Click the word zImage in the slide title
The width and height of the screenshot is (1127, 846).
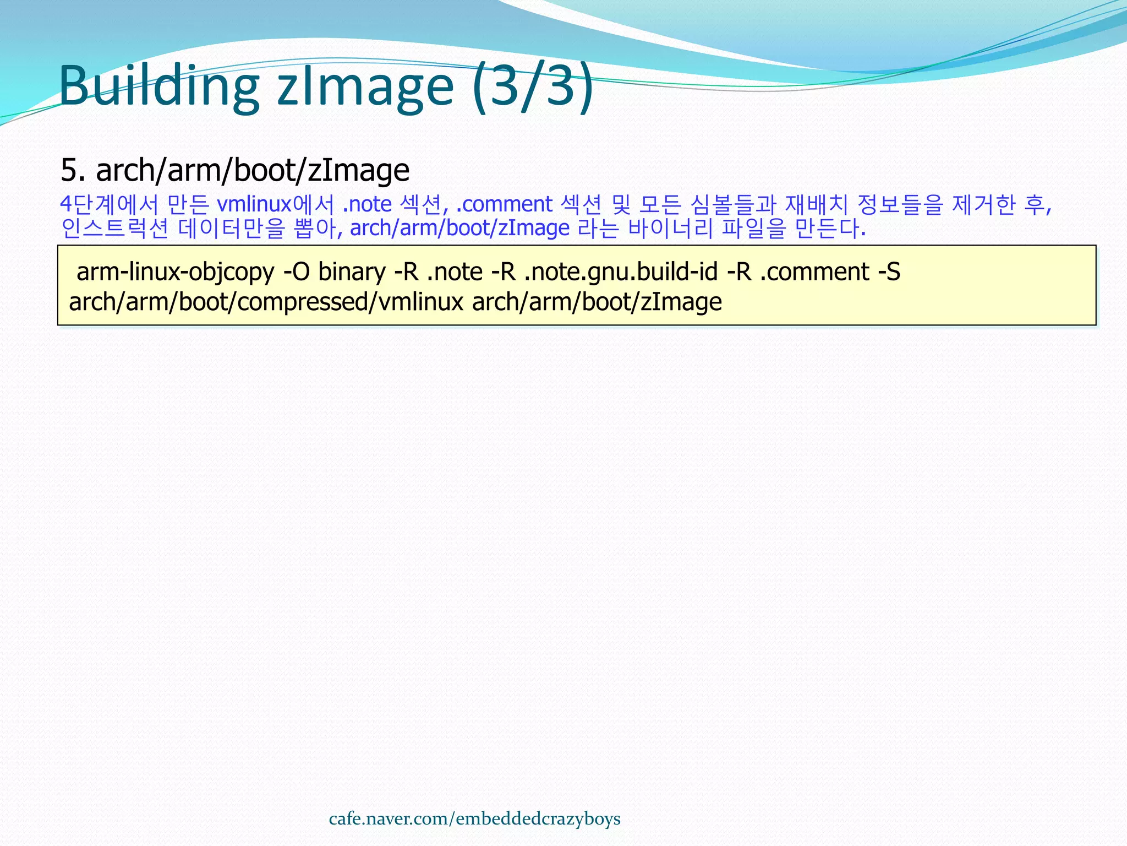(365, 86)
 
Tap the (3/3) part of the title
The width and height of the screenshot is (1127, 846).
(533, 86)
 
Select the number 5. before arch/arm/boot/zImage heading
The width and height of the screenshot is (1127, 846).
(73, 170)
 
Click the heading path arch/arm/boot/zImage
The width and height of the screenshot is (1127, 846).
(253, 170)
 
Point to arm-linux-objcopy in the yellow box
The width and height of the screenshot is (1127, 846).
(175, 272)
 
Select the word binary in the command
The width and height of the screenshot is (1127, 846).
(352, 272)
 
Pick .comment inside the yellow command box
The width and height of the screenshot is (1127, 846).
(814, 272)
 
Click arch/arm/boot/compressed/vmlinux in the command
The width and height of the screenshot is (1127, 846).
(266, 302)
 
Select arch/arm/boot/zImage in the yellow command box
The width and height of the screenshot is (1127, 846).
(597, 302)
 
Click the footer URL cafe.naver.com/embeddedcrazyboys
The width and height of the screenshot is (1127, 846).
(474, 819)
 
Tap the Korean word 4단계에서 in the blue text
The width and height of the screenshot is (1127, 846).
(108, 205)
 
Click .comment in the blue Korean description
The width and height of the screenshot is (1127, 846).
(504, 205)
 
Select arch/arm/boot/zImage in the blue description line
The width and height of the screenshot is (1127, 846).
(459, 229)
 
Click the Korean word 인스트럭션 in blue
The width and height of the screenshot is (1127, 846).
(114, 229)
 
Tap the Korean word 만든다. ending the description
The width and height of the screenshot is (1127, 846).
(830, 229)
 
